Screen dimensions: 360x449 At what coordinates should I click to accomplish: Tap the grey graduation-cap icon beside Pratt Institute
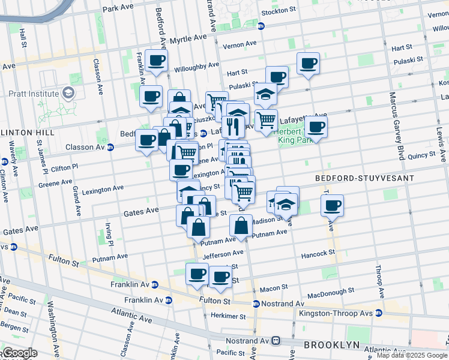[68, 94]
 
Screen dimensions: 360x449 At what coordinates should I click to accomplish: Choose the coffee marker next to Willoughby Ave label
[156, 61]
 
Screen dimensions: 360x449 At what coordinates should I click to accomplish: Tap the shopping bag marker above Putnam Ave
[241, 226]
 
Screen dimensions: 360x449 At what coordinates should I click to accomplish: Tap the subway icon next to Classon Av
[110, 147]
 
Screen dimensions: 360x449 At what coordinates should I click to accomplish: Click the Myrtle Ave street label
[188, 38]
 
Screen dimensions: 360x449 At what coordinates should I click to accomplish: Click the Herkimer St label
[226, 316]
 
